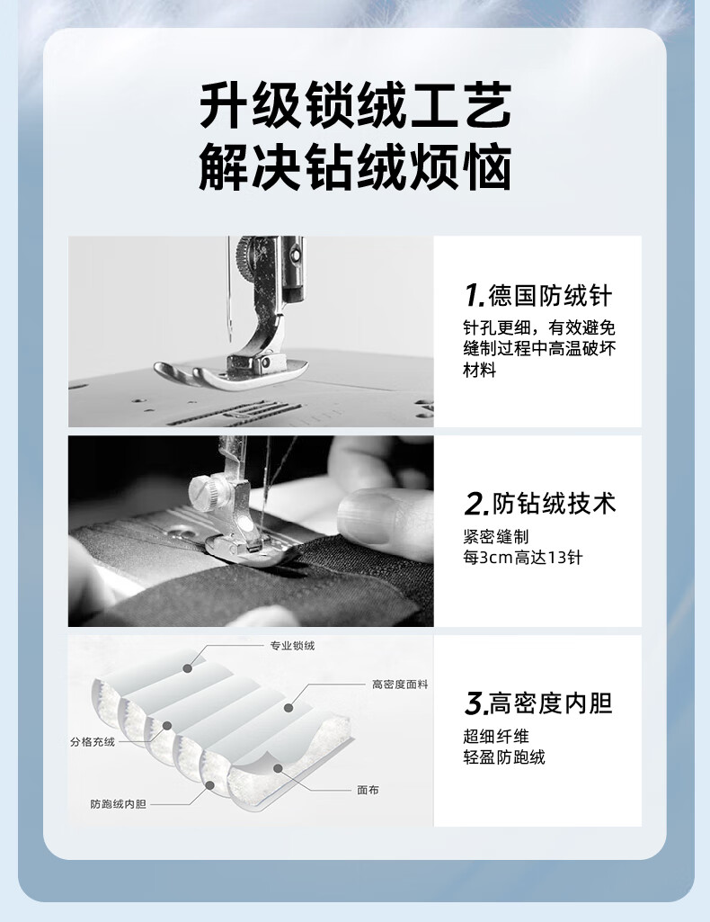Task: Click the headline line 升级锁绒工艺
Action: pyautogui.click(x=355, y=106)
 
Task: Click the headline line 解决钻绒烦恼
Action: pyautogui.click(x=355, y=166)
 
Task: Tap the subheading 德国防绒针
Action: pyautogui.click(x=551, y=295)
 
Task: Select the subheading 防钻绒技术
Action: pyautogui.click(x=555, y=504)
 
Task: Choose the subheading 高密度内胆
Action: pyautogui.click(x=551, y=703)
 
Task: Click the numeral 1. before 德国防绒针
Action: pyautogui.click(x=475, y=296)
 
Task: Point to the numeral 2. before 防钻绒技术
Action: pyautogui.click(x=476, y=505)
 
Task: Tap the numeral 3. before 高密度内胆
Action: pyautogui.click(x=476, y=703)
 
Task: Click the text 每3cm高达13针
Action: pyautogui.click(x=523, y=558)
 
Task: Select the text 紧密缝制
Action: pyautogui.click(x=496, y=536)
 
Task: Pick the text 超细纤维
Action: pyautogui.click(x=496, y=736)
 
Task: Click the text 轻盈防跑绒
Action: pyautogui.click(x=504, y=757)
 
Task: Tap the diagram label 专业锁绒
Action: pyautogui.click(x=292, y=646)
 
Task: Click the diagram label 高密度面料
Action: pyautogui.click(x=400, y=685)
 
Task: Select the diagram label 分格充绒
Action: pyautogui.click(x=93, y=742)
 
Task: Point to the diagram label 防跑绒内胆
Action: pyautogui.click(x=118, y=804)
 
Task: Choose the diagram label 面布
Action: pyautogui.click(x=368, y=790)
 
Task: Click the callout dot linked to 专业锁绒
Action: pyautogui.click(x=187, y=668)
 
